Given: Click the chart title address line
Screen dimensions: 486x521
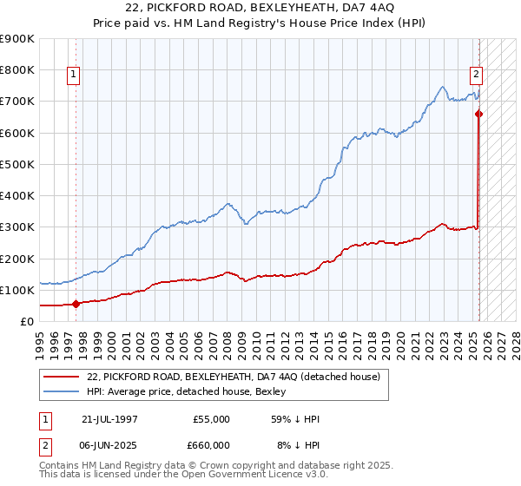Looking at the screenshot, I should click(x=260, y=9).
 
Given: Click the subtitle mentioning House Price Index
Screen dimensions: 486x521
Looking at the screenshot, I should click(x=260, y=24).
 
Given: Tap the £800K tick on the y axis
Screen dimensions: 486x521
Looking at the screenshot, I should click(x=17, y=69).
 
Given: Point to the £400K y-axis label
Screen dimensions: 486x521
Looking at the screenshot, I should click(x=17, y=195).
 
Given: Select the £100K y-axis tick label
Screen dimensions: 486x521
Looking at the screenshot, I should click(x=17, y=290).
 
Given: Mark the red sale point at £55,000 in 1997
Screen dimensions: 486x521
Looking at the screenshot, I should click(x=76, y=304).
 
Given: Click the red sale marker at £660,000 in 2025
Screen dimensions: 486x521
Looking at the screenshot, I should click(x=478, y=114).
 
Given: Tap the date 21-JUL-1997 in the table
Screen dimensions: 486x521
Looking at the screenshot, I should click(x=109, y=419).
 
